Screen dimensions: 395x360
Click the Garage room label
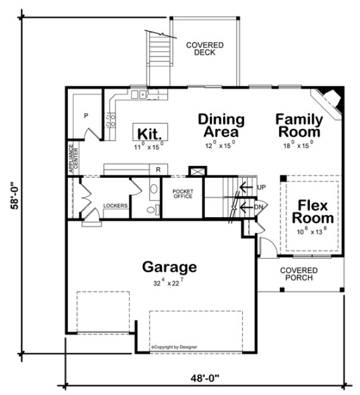point(168,267)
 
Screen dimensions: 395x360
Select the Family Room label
point(298,126)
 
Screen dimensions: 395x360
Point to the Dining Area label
point(221,126)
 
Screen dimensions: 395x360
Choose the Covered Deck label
point(204,49)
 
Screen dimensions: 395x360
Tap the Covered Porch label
point(299,274)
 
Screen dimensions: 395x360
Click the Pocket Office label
point(182,194)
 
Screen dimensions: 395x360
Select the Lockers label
point(115,206)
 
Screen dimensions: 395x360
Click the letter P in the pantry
point(86,115)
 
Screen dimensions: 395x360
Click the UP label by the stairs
point(260,187)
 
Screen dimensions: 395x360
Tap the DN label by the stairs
point(259,206)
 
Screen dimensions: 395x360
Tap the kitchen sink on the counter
point(140,93)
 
